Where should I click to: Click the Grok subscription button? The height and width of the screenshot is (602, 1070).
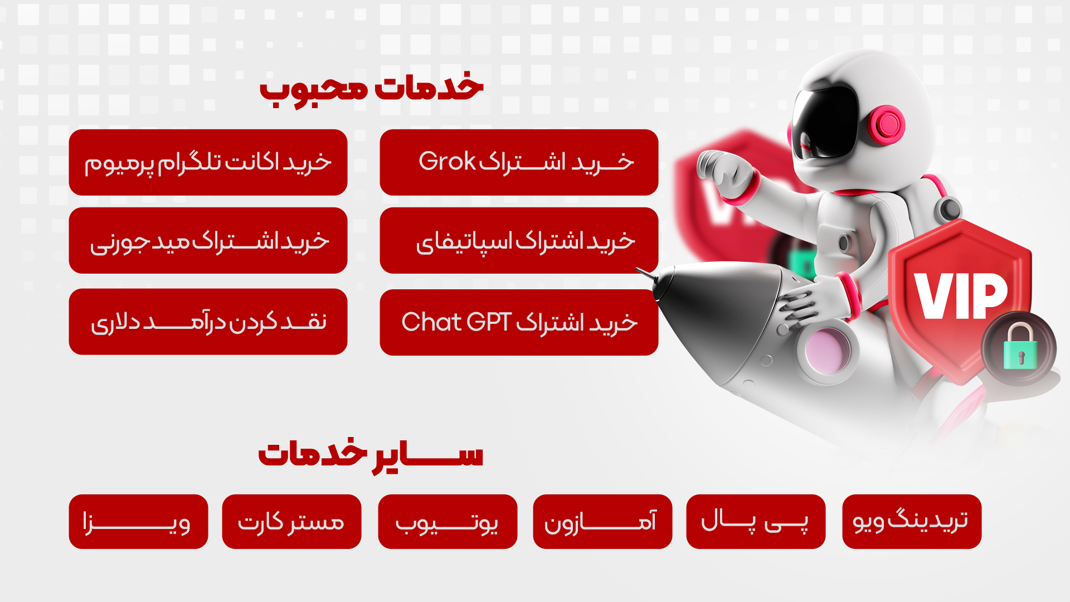[x=519, y=162]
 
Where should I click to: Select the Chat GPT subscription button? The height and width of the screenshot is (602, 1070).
[x=519, y=322]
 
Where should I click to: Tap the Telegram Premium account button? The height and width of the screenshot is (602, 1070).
[x=208, y=162]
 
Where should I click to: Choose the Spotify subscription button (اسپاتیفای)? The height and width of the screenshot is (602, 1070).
[x=519, y=240]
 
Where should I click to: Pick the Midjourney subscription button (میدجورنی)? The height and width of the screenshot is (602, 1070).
[x=208, y=240]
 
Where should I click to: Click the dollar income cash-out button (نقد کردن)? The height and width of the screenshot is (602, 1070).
[x=208, y=322]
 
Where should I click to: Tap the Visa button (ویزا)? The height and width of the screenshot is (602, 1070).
[x=138, y=522]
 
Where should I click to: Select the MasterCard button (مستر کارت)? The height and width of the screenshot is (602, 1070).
[x=291, y=522]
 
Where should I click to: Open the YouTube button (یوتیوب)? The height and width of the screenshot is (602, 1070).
[x=448, y=522]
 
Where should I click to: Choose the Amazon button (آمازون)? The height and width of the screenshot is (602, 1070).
[x=602, y=522]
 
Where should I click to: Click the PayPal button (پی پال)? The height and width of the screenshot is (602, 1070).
[x=756, y=522]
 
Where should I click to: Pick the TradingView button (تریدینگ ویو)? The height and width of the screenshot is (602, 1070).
[x=912, y=522]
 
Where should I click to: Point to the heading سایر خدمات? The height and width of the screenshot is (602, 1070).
[x=371, y=454]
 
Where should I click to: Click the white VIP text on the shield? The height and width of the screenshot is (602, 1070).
[x=961, y=296]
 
